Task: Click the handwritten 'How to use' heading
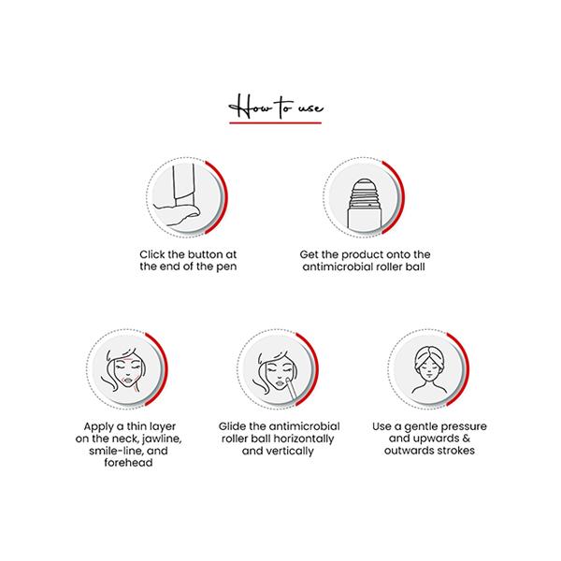click(x=279, y=105)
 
